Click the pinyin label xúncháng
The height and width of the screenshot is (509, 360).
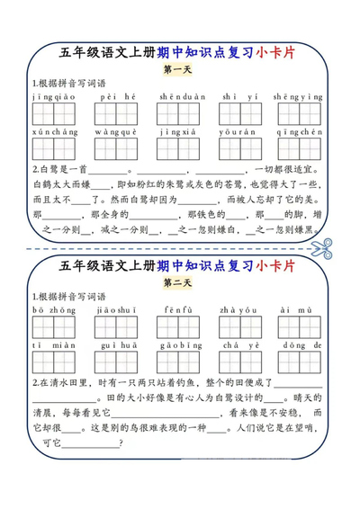pos(52,130)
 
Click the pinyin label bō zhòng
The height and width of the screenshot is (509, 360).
pos(52,310)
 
